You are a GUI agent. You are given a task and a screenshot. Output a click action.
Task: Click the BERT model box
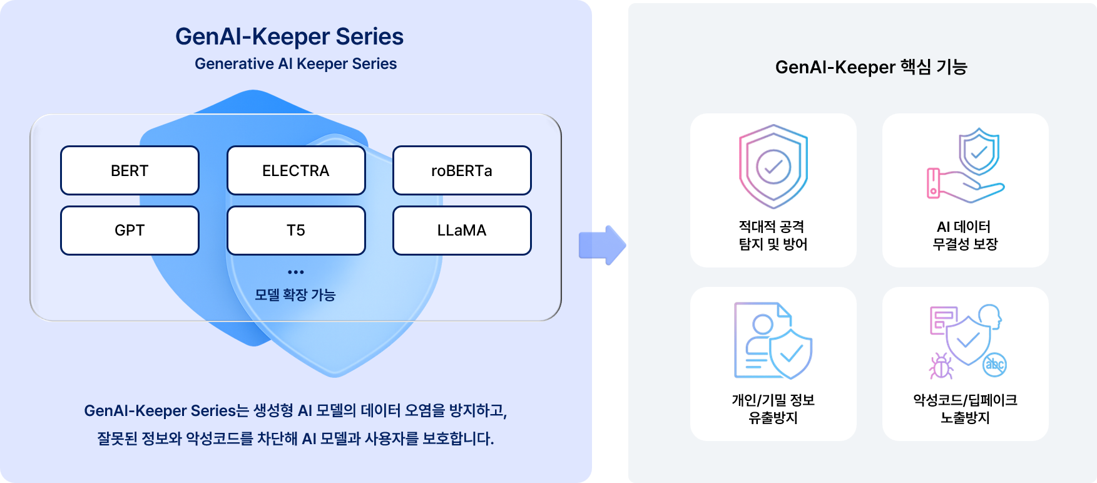tap(130, 170)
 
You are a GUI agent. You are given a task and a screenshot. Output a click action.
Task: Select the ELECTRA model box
tap(296, 170)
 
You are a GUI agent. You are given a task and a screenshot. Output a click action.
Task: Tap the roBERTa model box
tap(462, 170)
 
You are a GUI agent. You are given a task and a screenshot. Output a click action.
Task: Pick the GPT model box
tap(130, 231)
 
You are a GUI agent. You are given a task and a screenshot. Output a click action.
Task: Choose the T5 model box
tap(296, 231)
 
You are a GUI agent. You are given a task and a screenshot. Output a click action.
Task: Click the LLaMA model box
tap(462, 231)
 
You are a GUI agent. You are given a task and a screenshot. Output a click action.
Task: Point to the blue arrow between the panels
tap(602, 245)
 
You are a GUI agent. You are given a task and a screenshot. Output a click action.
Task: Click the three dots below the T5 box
tap(296, 272)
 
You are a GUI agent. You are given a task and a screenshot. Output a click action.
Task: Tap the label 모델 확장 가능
tap(295, 294)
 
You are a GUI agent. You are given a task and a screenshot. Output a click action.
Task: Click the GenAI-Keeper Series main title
tap(289, 36)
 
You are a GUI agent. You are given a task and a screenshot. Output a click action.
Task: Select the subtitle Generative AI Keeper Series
tap(295, 64)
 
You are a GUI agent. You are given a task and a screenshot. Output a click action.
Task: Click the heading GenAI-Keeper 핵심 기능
tap(871, 67)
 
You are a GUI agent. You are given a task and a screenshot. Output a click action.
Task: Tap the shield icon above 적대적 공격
tap(773, 167)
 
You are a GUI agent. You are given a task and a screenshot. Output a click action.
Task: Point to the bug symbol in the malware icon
tap(941, 366)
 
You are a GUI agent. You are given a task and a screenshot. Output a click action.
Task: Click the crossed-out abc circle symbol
tap(994, 365)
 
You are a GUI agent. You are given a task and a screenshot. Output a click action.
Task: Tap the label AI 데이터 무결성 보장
tap(965, 235)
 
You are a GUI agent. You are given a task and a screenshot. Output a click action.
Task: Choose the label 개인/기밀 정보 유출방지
tap(773, 408)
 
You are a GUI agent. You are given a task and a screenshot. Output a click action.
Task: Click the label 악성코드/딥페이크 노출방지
tap(965, 408)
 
